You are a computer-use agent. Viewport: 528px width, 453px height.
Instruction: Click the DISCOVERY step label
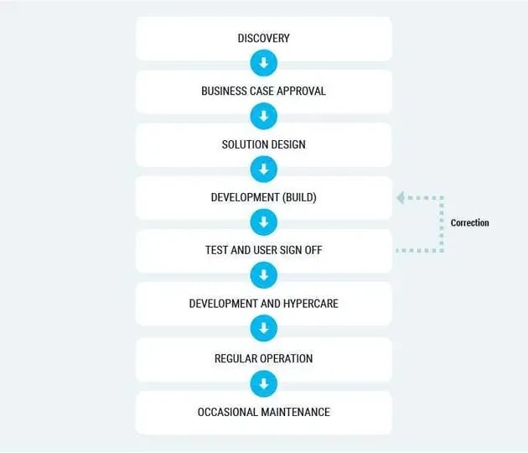(263, 39)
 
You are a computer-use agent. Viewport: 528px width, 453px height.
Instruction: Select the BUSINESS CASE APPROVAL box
(263, 91)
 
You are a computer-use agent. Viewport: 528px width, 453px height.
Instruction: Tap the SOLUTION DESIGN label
(263, 144)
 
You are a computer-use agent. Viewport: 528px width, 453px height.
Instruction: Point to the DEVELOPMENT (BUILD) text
(263, 198)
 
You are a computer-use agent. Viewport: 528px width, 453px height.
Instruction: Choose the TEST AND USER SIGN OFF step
(263, 251)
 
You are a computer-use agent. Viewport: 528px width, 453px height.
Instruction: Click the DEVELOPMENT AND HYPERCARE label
(263, 304)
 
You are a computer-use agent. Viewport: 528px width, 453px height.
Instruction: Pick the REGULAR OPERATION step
(263, 359)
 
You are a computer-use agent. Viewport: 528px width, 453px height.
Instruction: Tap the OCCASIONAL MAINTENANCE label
(263, 412)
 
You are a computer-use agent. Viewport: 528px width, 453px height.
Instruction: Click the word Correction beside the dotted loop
(469, 223)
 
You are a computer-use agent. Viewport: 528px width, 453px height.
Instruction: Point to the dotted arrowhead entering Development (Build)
(401, 198)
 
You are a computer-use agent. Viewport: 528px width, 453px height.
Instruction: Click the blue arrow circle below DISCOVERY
(263, 64)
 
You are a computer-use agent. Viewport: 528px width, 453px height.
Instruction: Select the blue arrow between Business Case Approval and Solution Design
(263, 117)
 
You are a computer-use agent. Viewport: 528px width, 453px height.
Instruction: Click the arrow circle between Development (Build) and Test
(263, 223)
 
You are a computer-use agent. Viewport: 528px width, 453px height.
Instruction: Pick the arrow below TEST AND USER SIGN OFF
(263, 276)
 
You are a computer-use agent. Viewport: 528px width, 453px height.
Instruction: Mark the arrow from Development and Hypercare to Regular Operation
(263, 329)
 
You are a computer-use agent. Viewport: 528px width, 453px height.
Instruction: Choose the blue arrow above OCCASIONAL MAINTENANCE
(263, 384)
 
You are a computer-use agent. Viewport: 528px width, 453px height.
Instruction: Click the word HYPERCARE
(308, 304)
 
